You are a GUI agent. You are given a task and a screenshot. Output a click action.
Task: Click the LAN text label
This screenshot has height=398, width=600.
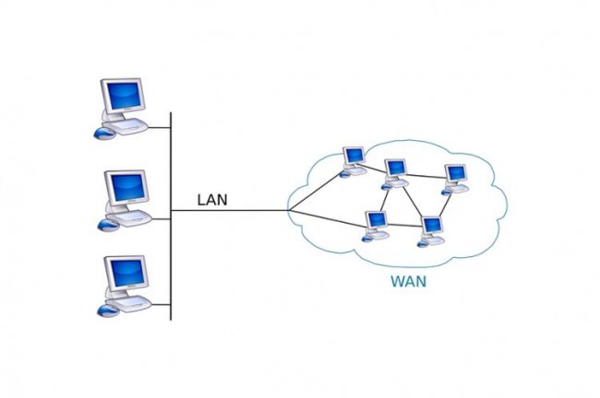coord(212,200)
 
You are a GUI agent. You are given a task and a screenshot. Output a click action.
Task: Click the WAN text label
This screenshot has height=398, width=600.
coord(408,282)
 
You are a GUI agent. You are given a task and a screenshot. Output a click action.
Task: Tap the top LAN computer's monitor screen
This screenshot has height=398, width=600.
coord(124,95)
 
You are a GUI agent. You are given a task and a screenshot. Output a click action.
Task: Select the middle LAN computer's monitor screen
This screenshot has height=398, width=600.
coord(127,187)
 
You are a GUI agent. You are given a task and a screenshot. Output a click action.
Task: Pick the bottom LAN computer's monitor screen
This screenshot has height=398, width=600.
coord(127,273)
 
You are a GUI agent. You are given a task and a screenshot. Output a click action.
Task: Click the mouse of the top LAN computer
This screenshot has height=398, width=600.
coord(103,134)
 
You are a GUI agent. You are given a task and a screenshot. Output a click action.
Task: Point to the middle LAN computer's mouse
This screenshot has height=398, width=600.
coord(109,225)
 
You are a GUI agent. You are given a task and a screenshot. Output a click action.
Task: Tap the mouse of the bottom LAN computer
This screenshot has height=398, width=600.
coord(108,310)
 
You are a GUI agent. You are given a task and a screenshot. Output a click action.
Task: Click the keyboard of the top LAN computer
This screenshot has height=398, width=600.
coord(126,126)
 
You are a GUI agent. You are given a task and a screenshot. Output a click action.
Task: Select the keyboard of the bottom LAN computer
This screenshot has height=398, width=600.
coord(129,304)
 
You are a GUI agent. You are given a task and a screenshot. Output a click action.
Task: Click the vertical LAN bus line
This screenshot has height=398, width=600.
coord(171,217)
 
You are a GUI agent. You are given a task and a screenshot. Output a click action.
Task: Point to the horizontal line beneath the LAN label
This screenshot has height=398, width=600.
coord(230,210)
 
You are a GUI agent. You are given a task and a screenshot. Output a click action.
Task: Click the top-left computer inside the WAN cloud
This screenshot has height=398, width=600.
coord(353,162)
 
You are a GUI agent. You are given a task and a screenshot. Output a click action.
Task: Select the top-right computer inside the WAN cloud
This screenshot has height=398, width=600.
coord(455,180)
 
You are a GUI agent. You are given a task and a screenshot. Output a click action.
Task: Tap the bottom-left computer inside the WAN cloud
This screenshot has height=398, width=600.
coord(376,226)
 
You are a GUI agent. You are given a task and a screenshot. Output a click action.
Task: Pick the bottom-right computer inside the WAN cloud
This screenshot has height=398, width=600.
coord(431,231)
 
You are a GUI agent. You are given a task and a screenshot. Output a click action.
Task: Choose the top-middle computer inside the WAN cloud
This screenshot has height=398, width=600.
coord(394,174)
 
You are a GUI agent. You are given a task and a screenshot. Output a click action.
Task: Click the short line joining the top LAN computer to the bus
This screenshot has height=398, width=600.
coord(159,127)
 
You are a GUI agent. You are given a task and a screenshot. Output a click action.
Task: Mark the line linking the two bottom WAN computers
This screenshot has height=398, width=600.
coord(405,225)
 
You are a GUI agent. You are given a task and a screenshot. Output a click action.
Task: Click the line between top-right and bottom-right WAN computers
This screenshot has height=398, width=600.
coord(445,205)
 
